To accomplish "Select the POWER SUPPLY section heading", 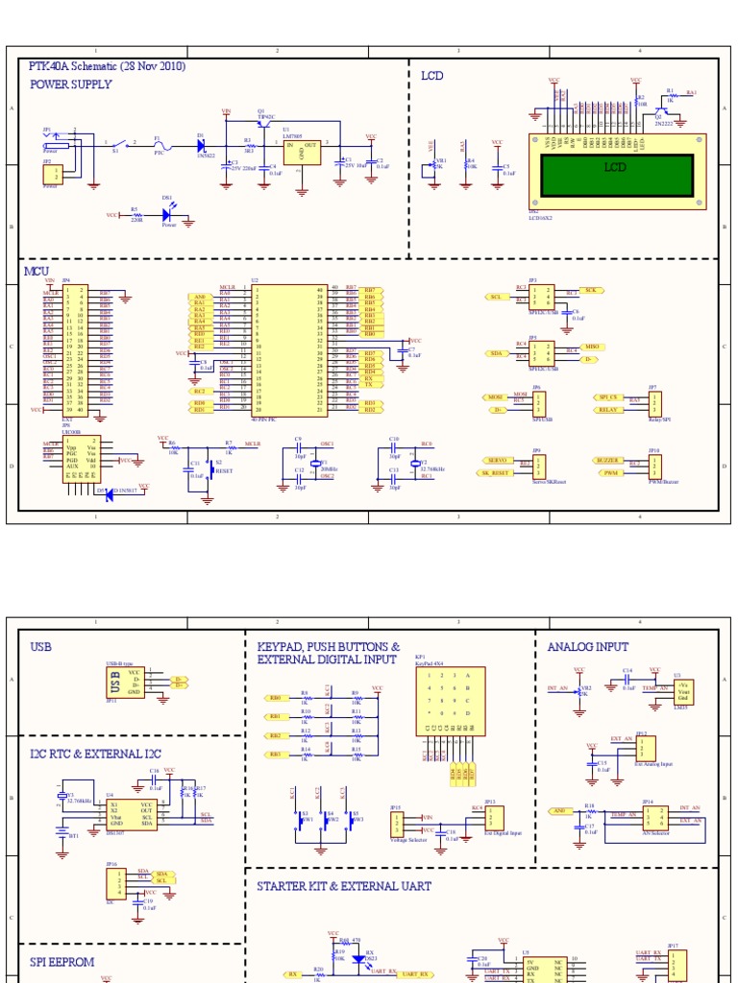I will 71,84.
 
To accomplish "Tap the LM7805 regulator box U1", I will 302,149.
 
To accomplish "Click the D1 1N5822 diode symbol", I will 201,146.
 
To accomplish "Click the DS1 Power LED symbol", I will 168,216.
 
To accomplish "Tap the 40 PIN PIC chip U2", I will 292,350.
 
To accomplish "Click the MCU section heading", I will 36,272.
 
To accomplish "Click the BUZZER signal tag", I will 607,461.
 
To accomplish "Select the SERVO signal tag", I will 498,461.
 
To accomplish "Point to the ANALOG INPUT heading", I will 588,647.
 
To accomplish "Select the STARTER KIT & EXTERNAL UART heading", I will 344,886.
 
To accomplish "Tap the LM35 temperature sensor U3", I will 683,690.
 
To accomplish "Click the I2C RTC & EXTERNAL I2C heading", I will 95,754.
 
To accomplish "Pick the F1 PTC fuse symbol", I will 160,145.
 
